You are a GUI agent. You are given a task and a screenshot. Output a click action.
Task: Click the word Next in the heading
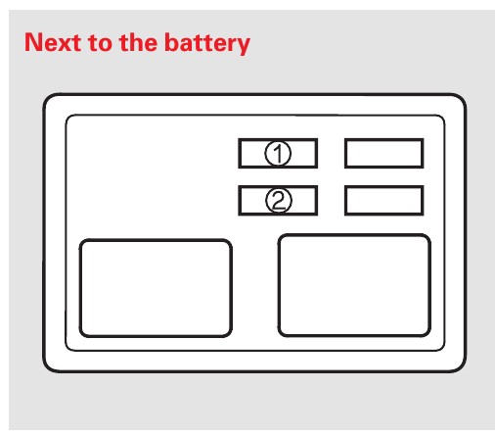53,42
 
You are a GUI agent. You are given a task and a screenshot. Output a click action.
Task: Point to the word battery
207,44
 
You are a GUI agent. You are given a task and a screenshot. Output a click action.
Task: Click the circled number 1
278,153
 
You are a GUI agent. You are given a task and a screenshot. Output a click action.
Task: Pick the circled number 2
279,200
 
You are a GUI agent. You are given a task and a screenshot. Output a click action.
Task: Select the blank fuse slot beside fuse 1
383,153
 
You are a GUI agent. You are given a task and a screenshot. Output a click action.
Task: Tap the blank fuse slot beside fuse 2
383,200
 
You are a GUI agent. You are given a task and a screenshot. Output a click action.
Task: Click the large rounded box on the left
156,288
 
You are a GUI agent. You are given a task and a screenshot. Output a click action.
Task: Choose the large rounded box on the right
354,285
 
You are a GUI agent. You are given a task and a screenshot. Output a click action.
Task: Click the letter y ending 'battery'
242,47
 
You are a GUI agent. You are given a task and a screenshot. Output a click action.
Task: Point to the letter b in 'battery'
172,42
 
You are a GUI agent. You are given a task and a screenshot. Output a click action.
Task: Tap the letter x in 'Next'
66,45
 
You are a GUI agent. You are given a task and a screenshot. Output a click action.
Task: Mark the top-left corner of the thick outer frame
44,95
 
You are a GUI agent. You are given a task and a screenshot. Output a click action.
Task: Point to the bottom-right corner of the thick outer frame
466,371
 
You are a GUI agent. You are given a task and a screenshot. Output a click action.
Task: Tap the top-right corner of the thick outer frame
466,95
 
